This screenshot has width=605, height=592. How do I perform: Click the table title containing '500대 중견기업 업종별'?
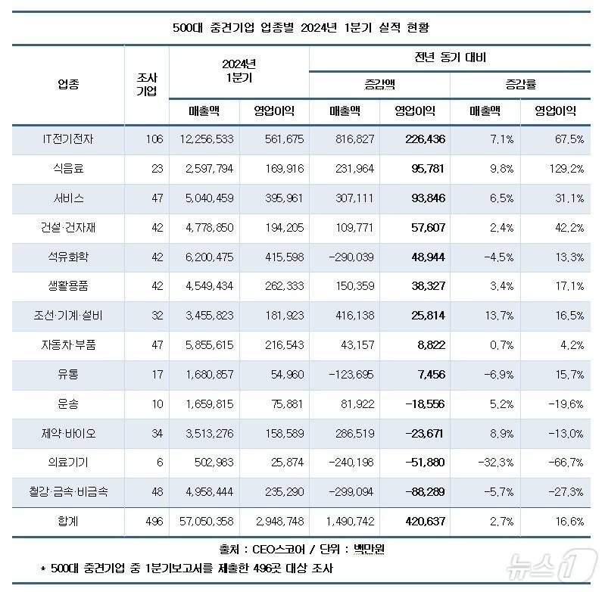click(x=302, y=28)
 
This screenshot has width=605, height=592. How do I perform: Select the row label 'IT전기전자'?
click(x=69, y=139)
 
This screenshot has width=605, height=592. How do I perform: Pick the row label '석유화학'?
click(x=69, y=257)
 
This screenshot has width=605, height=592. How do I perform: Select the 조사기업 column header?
click(x=147, y=84)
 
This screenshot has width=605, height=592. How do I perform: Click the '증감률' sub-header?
click(x=520, y=83)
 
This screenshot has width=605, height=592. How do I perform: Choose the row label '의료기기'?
click(x=69, y=463)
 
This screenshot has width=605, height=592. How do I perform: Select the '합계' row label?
click(x=69, y=522)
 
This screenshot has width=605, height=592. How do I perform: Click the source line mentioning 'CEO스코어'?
click(x=302, y=548)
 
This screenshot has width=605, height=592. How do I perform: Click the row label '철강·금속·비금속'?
click(x=69, y=492)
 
